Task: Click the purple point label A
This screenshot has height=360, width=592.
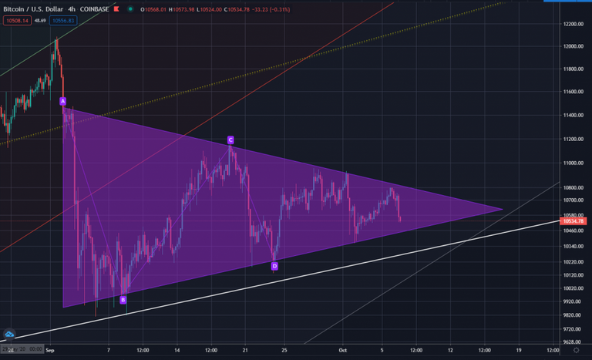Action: point(63,101)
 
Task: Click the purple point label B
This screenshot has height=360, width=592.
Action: point(123,300)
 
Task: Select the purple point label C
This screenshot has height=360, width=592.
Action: point(230,140)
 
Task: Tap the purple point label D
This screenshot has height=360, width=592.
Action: point(274,266)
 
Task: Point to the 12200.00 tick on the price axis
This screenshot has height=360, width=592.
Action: point(571,24)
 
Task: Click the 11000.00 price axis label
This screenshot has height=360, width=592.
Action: point(571,163)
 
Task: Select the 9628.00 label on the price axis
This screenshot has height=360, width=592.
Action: point(571,342)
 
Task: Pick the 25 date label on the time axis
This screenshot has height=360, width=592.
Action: point(285,350)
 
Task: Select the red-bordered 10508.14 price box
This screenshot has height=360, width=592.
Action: point(16,20)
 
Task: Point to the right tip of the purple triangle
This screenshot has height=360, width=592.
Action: point(503,208)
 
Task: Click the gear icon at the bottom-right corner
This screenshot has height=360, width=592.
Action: point(584,350)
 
